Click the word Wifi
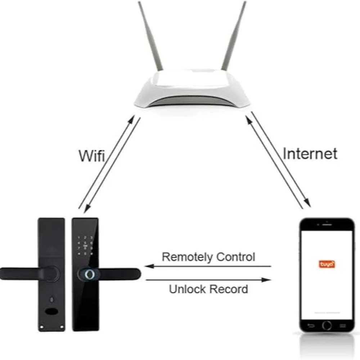point(91,156)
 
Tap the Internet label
point(310,154)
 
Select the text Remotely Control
point(208,257)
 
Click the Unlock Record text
point(208,289)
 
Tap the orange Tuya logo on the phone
point(327,264)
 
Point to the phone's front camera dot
point(327,222)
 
